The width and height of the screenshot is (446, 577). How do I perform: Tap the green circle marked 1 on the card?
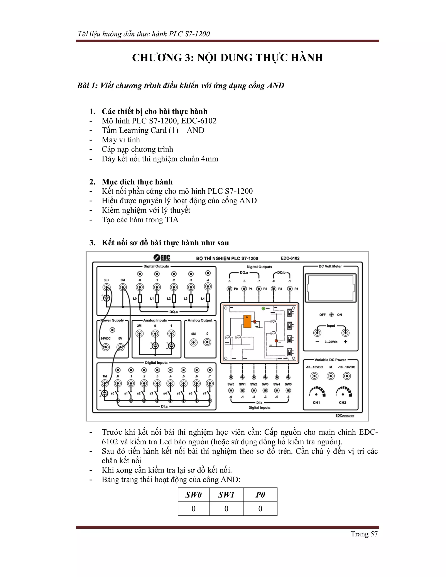[263, 308]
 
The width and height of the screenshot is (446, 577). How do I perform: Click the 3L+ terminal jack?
[106, 287]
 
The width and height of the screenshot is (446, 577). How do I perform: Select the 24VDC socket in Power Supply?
[106, 347]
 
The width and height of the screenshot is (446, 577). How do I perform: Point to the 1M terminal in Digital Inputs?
[105, 383]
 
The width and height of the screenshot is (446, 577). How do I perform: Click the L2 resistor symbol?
[174, 299]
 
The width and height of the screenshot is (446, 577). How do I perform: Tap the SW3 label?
[265, 384]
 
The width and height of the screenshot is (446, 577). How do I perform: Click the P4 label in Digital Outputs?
[296, 289]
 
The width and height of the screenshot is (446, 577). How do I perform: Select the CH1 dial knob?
[316, 395]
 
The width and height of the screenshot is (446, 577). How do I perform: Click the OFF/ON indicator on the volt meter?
[331, 315]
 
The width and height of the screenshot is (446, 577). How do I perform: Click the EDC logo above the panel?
[162, 258]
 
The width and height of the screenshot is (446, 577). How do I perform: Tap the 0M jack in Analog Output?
[194, 343]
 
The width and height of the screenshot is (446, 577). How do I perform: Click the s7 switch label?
[204, 393]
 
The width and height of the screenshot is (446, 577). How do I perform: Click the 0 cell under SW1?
[226, 509]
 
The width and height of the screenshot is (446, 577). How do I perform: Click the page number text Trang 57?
[364, 534]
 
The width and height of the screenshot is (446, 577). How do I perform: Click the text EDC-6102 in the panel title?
[290, 258]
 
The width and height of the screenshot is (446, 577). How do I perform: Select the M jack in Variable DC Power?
[331, 376]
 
